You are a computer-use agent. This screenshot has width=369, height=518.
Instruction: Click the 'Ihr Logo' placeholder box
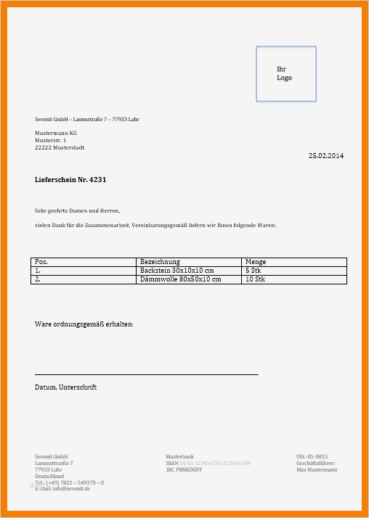click(285, 73)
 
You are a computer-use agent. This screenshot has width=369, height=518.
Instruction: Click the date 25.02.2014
click(326, 156)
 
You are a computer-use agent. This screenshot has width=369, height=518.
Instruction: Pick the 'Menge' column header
click(256, 261)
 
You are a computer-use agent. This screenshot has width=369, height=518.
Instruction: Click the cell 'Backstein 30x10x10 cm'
click(177, 270)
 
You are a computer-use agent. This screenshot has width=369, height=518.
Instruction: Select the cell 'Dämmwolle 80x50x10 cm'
click(180, 279)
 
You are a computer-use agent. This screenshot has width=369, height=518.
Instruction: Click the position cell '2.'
click(38, 279)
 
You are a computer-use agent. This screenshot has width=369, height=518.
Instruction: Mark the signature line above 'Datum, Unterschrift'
click(146, 374)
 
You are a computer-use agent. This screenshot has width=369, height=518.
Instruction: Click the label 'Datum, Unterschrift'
click(65, 387)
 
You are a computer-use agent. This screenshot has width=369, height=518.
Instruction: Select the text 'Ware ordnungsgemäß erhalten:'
click(84, 324)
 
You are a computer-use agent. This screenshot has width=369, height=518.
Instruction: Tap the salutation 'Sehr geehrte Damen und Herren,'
click(77, 210)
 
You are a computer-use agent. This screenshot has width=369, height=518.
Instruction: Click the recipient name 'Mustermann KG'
click(56, 133)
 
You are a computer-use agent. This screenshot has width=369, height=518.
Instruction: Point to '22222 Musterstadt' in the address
click(60, 147)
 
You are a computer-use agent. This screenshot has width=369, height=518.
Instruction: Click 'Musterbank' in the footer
click(180, 456)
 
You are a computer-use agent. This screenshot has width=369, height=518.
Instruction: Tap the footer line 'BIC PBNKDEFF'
click(184, 469)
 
